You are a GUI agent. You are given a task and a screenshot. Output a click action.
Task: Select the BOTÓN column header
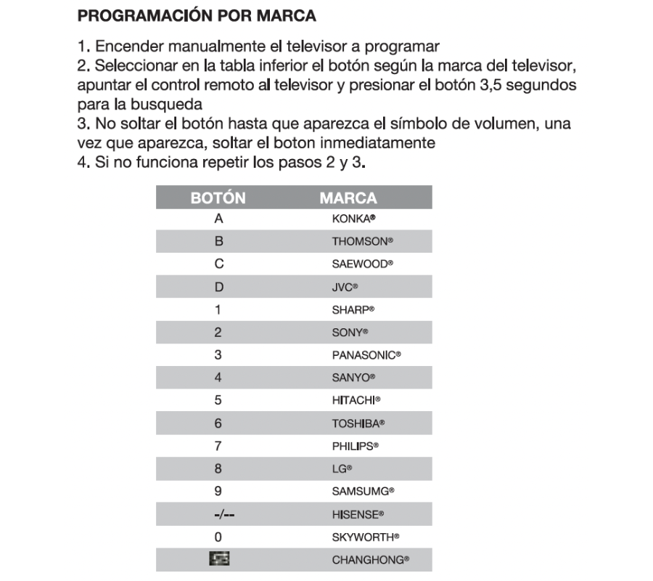[x=218, y=198]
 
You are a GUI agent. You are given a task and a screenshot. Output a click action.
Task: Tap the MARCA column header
[x=348, y=198]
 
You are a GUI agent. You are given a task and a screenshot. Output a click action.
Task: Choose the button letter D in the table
[x=218, y=287]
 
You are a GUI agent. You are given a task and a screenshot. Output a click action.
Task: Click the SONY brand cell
[x=350, y=333]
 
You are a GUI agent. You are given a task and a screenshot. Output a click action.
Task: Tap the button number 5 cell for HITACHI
[x=218, y=400]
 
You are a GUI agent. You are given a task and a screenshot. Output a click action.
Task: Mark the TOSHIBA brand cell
[x=358, y=423]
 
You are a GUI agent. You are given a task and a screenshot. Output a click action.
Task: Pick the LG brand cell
[x=342, y=469]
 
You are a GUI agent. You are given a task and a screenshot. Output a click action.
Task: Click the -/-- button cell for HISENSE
[x=218, y=514]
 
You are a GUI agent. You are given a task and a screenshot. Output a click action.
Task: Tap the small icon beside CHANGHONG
[x=218, y=560]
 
